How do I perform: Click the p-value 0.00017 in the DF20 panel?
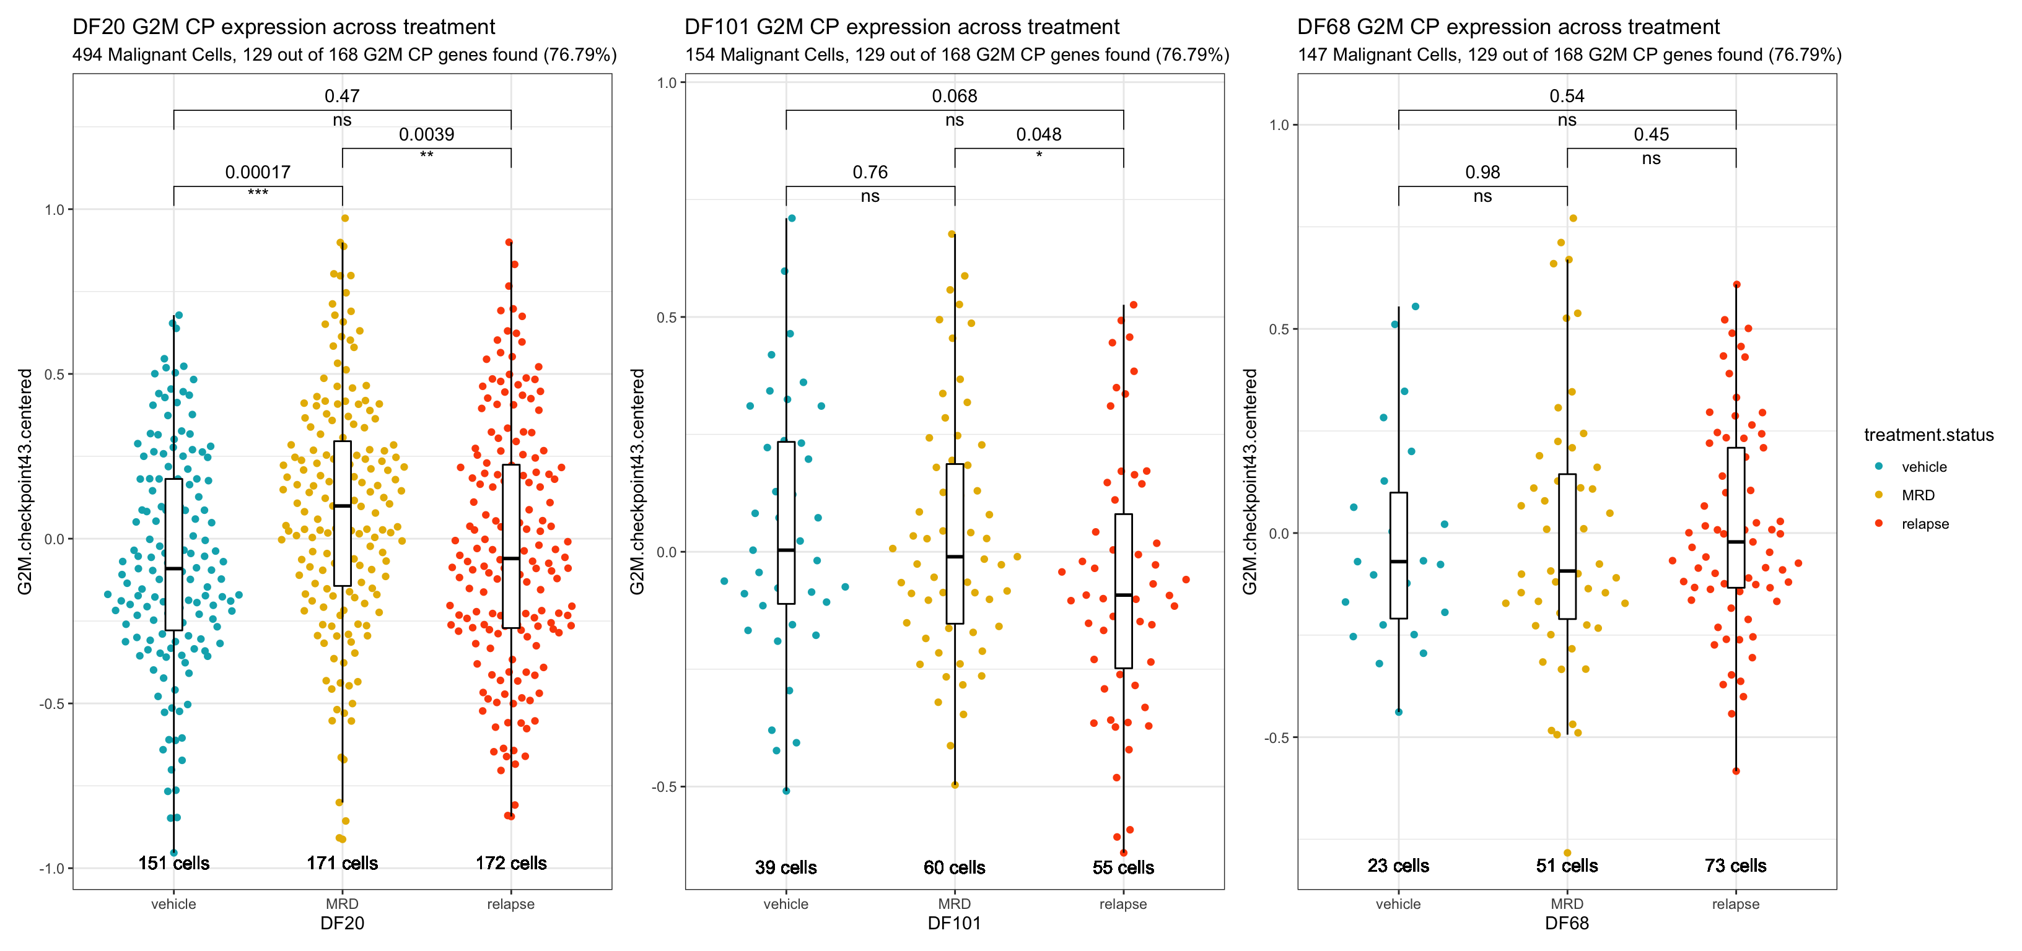click(258, 172)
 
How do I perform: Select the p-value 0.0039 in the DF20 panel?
click(426, 134)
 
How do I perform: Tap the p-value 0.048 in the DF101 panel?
click(1038, 134)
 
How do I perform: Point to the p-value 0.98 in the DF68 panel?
click(1482, 172)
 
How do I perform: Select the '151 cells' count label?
click(173, 863)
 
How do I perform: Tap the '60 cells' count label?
click(955, 867)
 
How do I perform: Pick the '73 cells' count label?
click(1736, 866)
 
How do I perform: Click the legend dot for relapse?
click(1878, 523)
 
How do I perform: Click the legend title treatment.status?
click(1928, 435)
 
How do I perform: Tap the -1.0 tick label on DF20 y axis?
click(53, 869)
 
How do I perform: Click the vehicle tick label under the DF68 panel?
click(1398, 904)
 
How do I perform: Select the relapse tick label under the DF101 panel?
click(1123, 904)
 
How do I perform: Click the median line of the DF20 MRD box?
click(342, 506)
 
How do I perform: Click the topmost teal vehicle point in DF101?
click(791, 218)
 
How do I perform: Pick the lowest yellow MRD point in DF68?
click(1567, 853)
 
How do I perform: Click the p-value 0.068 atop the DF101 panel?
click(955, 96)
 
